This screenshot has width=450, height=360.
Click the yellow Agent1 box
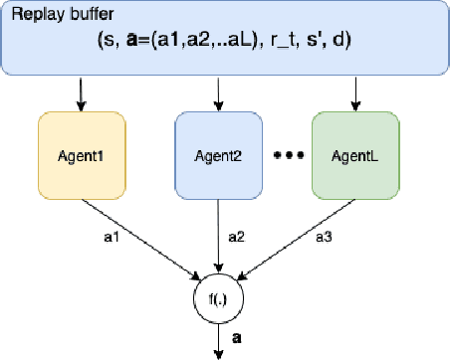[x=81, y=157]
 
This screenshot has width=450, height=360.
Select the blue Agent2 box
[x=218, y=157]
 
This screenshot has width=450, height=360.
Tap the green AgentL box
[x=355, y=157]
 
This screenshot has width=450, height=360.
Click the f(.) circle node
[x=218, y=297]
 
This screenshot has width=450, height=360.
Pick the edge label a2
[x=235, y=238]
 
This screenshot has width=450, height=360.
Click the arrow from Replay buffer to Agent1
[x=81, y=95]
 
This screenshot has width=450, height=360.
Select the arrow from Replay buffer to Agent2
[x=218, y=95]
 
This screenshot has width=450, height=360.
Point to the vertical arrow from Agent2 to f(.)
[x=218, y=239]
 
